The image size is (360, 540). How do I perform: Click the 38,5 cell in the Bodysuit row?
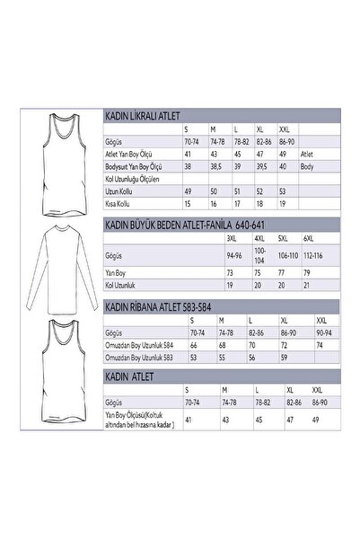pyautogui.click(x=215, y=167)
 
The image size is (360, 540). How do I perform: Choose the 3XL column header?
pyautogui.click(x=232, y=238)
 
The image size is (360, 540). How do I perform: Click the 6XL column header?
pyautogui.click(x=308, y=238)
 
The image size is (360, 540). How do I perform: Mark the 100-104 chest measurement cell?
pyautogui.click(x=260, y=256)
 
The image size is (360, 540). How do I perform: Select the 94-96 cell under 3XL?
pyautogui.click(x=235, y=256)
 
